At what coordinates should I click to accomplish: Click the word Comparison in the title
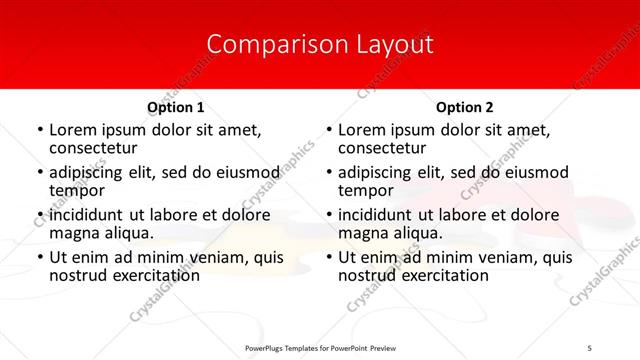pos(269,45)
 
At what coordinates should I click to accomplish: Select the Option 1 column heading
pos(175,107)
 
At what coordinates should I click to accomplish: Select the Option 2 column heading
pos(465,107)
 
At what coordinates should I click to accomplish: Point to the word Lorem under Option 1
pos(73,130)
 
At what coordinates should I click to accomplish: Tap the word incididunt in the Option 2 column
pos(381,215)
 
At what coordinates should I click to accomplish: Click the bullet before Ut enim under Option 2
pos(329,258)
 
